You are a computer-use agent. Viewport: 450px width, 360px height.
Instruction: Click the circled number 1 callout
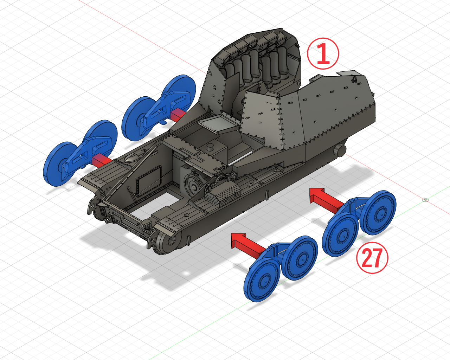(323, 53)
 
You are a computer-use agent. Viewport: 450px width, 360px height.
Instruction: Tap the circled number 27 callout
(372, 258)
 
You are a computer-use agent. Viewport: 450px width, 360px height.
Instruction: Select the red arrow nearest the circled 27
(327, 199)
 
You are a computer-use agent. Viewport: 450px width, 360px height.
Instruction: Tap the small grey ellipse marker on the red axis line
(425, 200)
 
